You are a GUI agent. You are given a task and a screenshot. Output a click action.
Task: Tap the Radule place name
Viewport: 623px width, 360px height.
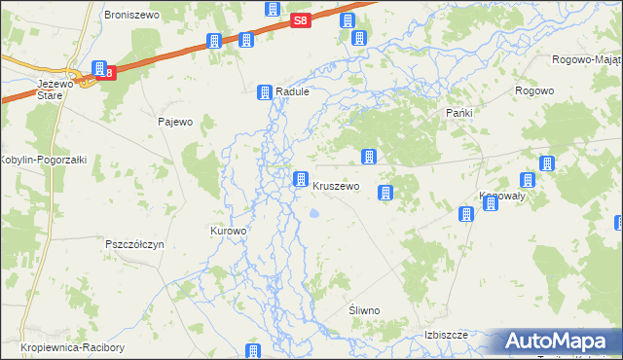(x=292, y=91)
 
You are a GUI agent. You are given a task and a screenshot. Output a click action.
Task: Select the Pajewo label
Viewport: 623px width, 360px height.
(x=175, y=123)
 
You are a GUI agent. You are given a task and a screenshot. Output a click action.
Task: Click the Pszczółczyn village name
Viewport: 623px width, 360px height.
(x=134, y=244)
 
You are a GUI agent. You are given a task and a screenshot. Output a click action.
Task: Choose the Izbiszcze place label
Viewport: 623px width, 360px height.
(x=447, y=335)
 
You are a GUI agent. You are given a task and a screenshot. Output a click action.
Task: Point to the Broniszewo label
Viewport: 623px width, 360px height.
(x=130, y=17)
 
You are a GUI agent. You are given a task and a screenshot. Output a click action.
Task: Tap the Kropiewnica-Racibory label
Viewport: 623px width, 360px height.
(x=62, y=347)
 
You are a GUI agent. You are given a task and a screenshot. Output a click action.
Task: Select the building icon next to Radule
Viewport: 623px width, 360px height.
(x=264, y=92)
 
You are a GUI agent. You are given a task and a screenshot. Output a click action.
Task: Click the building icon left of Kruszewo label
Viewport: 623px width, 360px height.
(x=301, y=179)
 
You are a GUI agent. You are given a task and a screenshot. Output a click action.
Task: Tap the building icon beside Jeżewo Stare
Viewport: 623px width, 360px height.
(x=99, y=68)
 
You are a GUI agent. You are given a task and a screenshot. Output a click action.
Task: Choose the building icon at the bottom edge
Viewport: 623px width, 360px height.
(x=253, y=351)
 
